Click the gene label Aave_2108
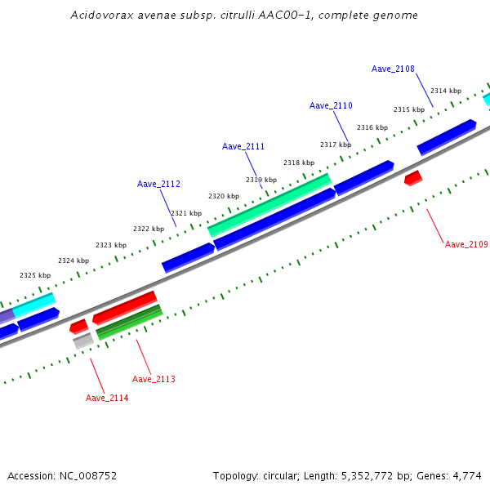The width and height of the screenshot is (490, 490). click(393, 69)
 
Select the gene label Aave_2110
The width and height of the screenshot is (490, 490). click(331, 106)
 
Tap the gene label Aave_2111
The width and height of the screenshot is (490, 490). click(243, 147)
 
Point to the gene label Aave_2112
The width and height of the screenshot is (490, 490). click(158, 185)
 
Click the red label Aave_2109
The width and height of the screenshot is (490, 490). click(466, 244)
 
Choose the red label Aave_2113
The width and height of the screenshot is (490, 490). click(154, 379)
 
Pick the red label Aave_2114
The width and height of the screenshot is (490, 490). click(107, 398)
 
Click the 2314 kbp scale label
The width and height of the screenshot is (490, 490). click(446, 91)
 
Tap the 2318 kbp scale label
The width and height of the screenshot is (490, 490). click(298, 163)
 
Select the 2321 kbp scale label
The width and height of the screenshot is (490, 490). click(185, 213)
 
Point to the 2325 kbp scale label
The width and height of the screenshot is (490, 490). click(35, 276)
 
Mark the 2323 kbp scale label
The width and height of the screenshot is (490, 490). click(111, 245)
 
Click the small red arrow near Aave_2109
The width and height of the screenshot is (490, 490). click(413, 177)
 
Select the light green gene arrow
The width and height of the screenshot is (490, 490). click(269, 205)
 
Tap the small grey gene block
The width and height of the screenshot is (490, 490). click(83, 341)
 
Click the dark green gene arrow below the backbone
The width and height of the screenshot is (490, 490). click(129, 323)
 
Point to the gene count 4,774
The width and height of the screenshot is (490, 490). click(467, 475)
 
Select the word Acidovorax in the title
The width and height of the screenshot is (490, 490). click(97, 15)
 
